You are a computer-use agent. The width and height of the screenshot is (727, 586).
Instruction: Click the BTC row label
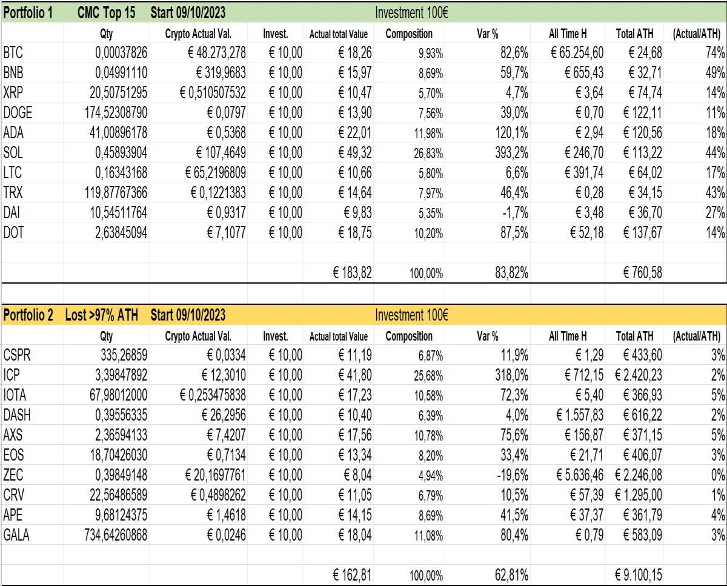(x=13, y=53)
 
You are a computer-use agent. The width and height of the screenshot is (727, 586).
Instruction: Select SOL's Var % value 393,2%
(x=511, y=153)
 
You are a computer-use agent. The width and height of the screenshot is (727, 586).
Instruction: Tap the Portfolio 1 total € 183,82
(x=352, y=273)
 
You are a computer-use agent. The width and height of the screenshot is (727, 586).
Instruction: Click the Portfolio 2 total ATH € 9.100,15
(x=638, y=575)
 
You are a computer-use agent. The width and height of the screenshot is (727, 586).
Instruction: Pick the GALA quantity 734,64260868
(x=116, y=535)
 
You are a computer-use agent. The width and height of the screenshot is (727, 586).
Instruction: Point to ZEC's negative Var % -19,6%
(x=513, y=475)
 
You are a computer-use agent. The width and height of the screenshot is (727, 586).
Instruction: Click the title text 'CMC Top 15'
(x=107, y=13)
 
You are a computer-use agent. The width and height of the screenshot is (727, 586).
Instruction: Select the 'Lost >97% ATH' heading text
(x=102, y=315)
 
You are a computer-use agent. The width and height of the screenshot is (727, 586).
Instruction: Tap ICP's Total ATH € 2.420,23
(x=638, y=375)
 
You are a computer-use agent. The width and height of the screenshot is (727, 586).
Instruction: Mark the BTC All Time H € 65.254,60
(x=577, y=53)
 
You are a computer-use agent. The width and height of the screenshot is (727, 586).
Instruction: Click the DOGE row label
(x=18, y=113)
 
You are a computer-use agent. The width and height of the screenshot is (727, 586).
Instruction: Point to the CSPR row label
(x=17, y=355)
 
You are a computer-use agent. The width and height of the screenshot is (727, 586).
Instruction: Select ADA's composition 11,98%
(x=428, y=133)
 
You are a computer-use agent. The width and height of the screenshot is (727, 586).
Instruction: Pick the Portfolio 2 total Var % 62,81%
(x=511, y=575)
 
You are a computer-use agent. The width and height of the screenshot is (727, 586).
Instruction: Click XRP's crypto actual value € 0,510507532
(x=213, y=93)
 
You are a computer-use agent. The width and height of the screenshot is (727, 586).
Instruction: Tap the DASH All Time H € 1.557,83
(x=580, y=415)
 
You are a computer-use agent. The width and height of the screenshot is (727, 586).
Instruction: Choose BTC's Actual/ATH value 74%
(x=715, y=53)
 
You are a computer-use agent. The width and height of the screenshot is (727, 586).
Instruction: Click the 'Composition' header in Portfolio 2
(x=409, y=336)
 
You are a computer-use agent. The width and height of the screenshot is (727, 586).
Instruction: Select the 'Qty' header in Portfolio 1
(x=106, y=34)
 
